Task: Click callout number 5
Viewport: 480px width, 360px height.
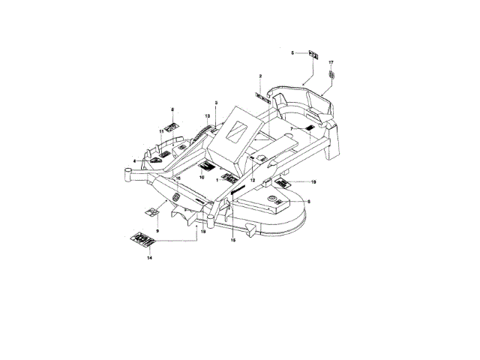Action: (x=293, y=52)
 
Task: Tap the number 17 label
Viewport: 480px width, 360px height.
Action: (x=331, y=61)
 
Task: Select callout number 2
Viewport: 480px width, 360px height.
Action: (x=260, y=77)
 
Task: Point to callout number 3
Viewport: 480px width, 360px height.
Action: (x=216, y=102)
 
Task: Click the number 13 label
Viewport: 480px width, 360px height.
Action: (x=206, y=115)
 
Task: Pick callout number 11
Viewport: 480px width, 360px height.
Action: (x=160, y=131)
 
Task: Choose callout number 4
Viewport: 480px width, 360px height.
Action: (x=135, y=160)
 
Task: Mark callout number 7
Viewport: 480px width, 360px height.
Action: (x=290, y=129)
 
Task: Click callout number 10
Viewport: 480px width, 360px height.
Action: (x=202, y=176)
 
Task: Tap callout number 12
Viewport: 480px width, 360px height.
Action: (x=253, y=181)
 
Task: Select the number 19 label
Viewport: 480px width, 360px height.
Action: (x=313, y=182)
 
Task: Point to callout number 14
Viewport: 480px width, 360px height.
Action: (x=149, y=257)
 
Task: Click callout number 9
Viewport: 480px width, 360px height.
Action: (x=157, y=230)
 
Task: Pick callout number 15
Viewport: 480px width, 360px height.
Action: (x=232, y=240)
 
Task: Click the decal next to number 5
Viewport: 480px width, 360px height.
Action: (x=314, y=54)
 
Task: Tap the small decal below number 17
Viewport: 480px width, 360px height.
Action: (x=331, y=76)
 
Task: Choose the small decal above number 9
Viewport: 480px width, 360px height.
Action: (x=151, y=212)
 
